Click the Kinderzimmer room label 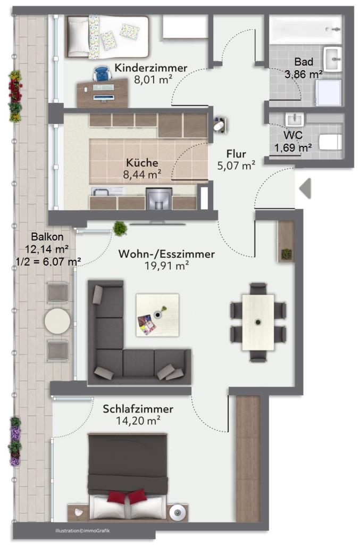(150, 68)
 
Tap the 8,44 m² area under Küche (142, 175)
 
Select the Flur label (237, 154)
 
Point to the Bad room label (304, 62)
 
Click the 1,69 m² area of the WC (293, 148)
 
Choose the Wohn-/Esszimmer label (166, 254)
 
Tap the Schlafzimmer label (138, 409)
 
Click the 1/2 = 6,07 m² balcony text (48, 261)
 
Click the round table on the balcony (57, 321)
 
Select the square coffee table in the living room (157, 315)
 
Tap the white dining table (258, 322)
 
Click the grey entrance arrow (305, 188)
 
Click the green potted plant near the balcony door (120, 228)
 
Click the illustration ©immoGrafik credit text (82, 531)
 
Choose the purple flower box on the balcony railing (15, 441)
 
